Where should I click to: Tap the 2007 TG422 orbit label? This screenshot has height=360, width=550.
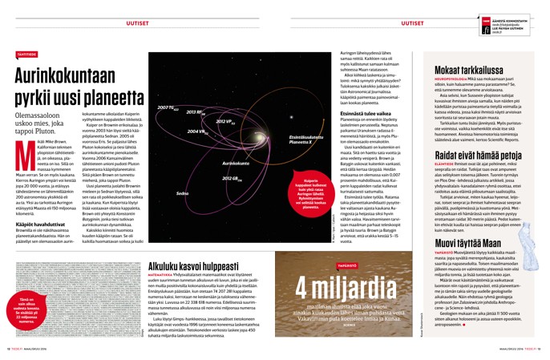point(168,107)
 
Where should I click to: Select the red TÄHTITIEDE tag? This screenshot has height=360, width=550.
point(27,54)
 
